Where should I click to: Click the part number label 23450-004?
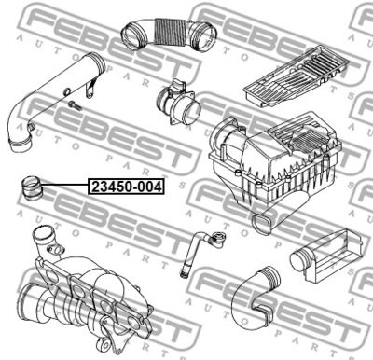pyautogui.click(x=126, y=187)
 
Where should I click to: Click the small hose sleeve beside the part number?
pyautogui.click(x=32, y=187)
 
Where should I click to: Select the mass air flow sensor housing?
pyautogui.click(x=179, y=102)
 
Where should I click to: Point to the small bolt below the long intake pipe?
pyautogui.click(x=76, y=105)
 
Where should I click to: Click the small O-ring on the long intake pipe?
pyautogui.click(x=67, y=91)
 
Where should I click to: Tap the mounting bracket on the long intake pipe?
pyautogui.click(x=90, y=89)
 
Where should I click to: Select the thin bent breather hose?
pyautogui.click(x=199, y=250)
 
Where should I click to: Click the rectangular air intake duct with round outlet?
pyautogui.click(x=326, y=256)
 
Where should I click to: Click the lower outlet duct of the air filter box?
pyautogui.click(x=264, y=221)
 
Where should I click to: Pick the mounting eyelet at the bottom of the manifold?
pyautogui.click(x=104, y=346)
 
